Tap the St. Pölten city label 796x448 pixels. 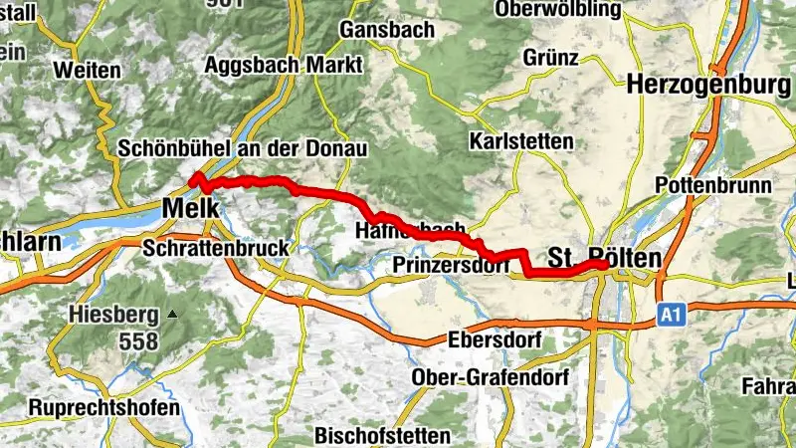[604, 258]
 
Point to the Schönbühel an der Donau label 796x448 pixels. [243, 148]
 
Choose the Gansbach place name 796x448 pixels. [387, 30]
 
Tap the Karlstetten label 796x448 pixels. [523, 141]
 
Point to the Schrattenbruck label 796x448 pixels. [216, 247]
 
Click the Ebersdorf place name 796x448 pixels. [494, 340]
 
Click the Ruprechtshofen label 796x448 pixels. [104, 408]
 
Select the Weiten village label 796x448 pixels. [88, 71]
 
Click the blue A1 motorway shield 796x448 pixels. [674, 316]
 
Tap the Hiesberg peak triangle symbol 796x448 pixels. [173, 315]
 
